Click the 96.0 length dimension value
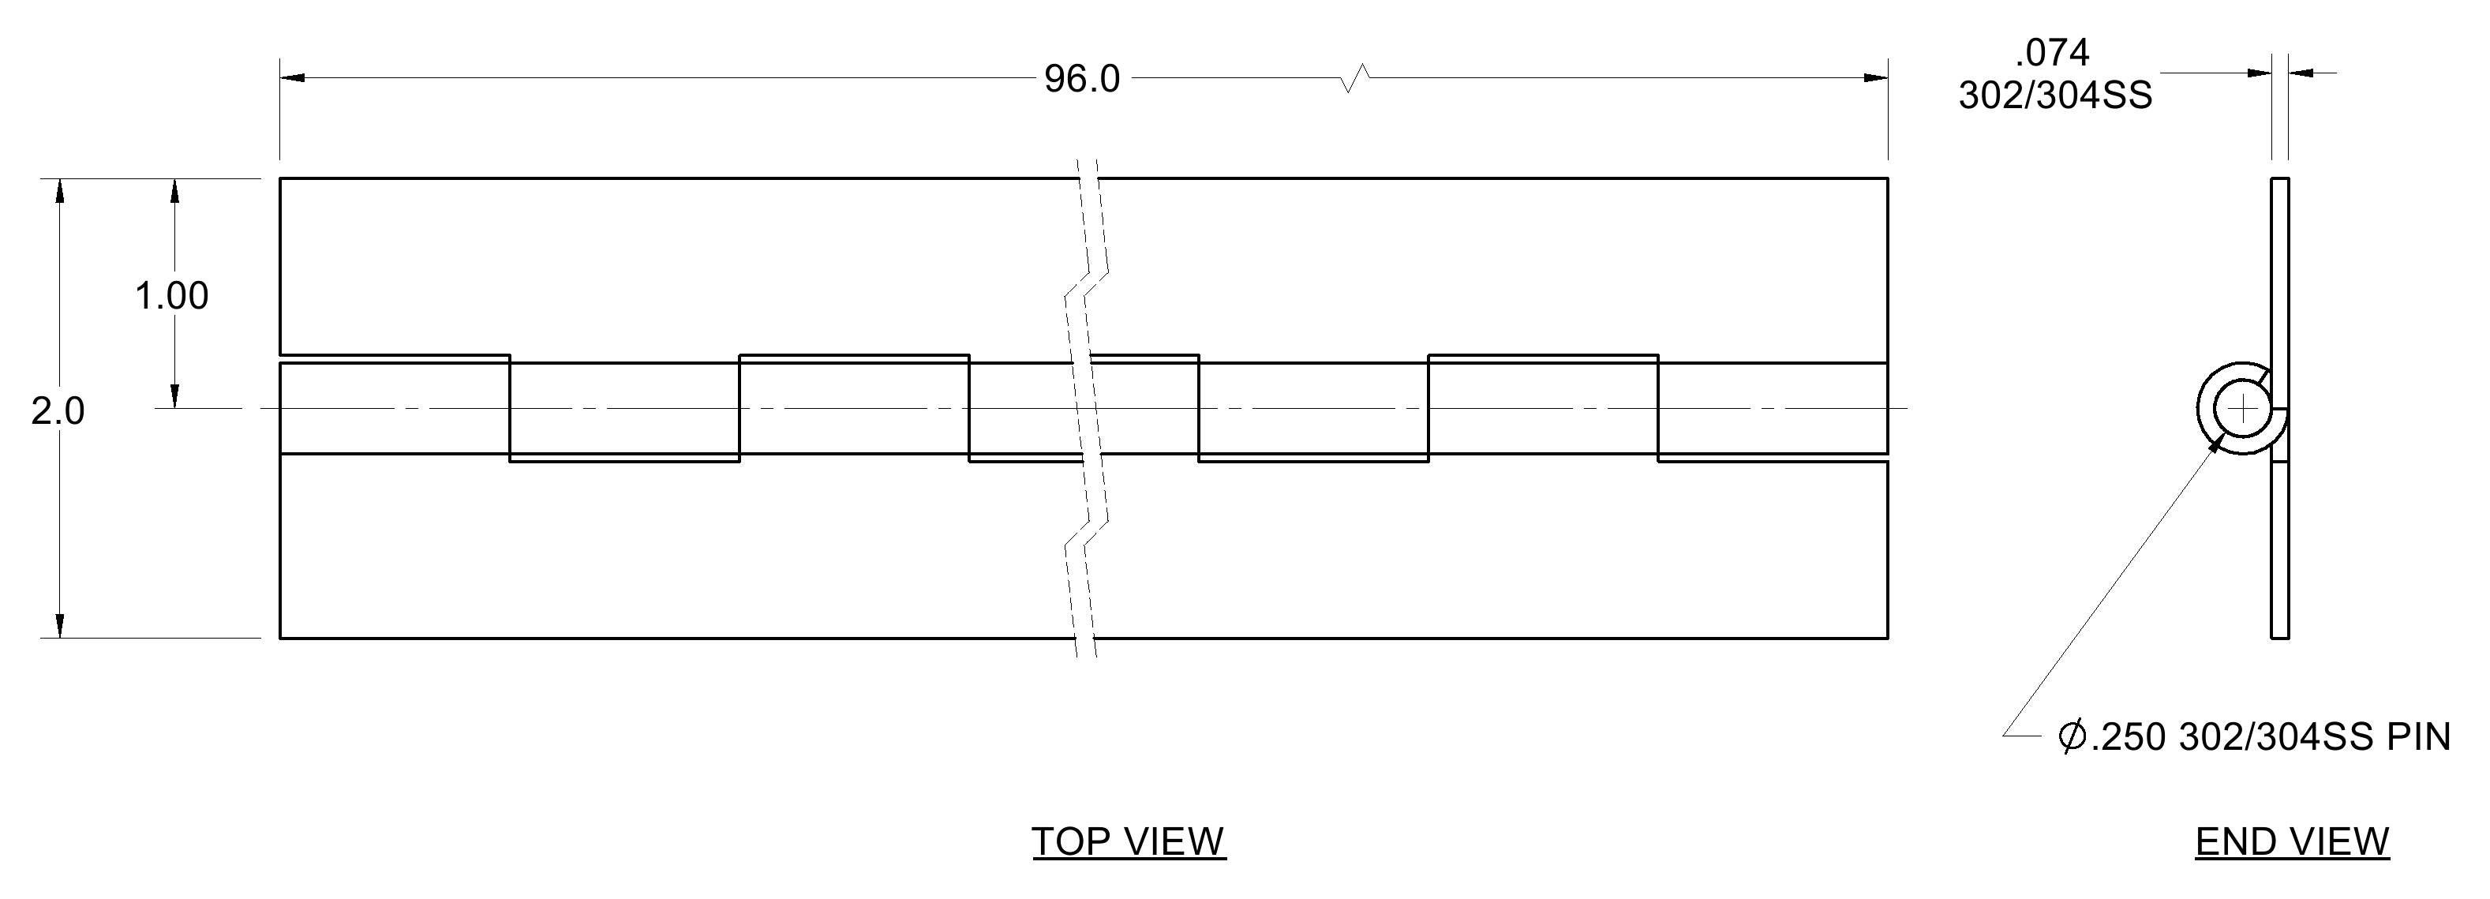click(x=1082, y=79)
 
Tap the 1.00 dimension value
click(x=171, y=296)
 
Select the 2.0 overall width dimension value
click(x=58, y=412)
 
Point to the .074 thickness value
click(x=2052, y=52)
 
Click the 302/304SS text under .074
click(x=2056, y=96)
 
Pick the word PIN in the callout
click(x=2420, y=737)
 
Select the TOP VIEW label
click(x=1129, y=842)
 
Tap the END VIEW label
click(x=2292, y=842)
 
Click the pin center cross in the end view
click(x=2242, y=410)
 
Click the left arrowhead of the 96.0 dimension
click(x=293, y=77)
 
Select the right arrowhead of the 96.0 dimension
click(x=1875, y=77)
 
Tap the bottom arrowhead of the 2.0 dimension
click(x=60, y=625)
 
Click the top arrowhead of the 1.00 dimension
click(x=175, y=190)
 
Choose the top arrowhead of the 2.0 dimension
click(x=60, y=190)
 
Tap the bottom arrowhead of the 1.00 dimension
click(x=175, y=396)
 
